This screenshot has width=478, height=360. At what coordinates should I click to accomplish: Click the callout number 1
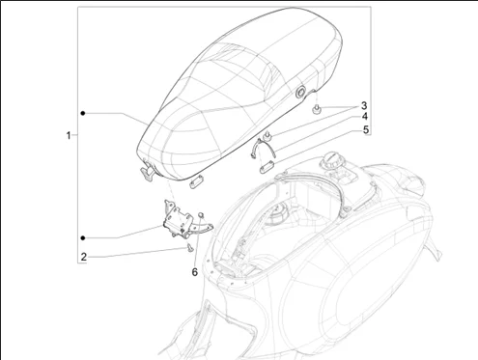(69, 135)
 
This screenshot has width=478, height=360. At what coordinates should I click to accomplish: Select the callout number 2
(84, 257)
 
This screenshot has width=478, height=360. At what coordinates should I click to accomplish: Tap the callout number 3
(364, 105)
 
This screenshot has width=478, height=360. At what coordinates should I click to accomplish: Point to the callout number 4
(364, 117)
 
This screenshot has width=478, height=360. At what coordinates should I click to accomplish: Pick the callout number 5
(365, 129)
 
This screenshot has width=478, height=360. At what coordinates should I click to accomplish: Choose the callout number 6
(195, 272)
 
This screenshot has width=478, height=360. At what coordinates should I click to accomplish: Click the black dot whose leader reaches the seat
(83, 113)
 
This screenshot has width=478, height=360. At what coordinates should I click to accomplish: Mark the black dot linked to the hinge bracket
(83, 238)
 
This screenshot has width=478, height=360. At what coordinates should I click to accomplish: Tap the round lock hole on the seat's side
(300, 93)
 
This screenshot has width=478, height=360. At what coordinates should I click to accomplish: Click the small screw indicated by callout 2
(190, 248)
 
